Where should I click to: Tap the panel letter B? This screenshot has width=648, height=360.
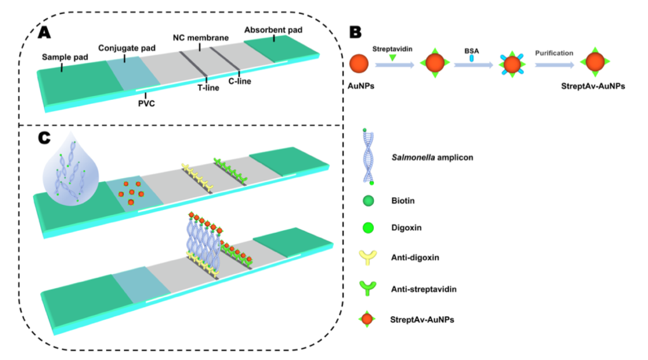coord(357,31)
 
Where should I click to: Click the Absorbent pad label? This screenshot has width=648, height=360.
coord(274,29)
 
